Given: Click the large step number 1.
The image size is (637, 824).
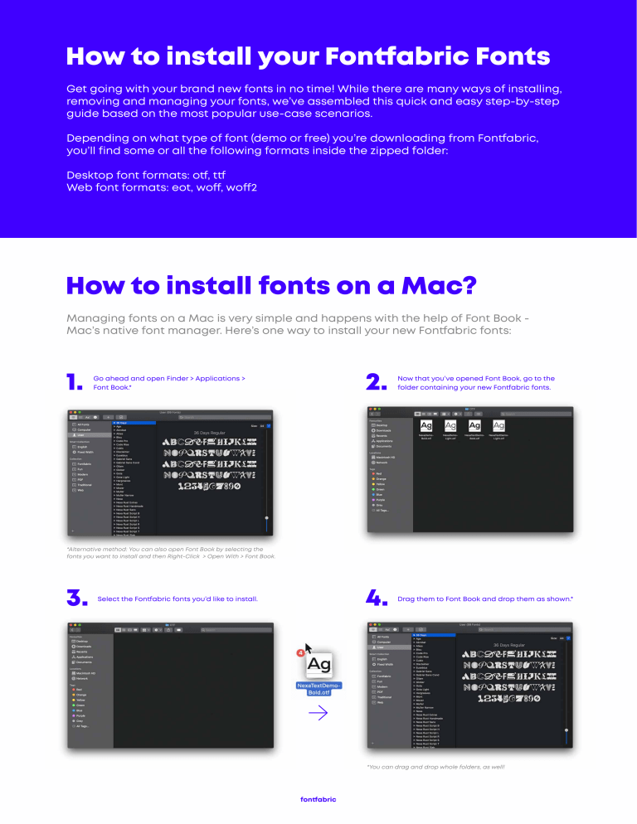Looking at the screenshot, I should pyautogui.click(x=74, y=381).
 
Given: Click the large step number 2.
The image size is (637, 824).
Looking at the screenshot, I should pyautogui.click(x=377, y=381).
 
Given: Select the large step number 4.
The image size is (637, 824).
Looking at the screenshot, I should pyautogui.click(x=378, y=599).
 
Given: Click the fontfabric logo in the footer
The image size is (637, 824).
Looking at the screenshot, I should pyautogui.click(x=318, y=799).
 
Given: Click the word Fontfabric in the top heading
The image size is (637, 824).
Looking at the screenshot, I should pyautogui.click(x=437, y=56).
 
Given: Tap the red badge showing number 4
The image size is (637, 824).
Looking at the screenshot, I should pyautogui.click(x=300, y=653).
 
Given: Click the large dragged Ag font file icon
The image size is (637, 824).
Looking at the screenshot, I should pyautogui.click(x=318, y=665).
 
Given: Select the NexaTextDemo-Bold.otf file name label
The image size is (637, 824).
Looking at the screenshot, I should pyautogui.click(x=318, y=689).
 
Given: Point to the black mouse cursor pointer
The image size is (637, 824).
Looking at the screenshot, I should pyautogui.click(x=309, y=647).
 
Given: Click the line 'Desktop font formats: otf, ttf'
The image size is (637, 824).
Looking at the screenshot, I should pyautogui.click(x=145, y=176).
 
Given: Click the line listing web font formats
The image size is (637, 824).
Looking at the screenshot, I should pyautogui.click(x=161, y=187).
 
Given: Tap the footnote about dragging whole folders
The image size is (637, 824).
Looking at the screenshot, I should pyautogui.click(x=435, y=767).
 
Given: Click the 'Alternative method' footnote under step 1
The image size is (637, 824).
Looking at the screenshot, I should pyautogui.click(x=170, y=552).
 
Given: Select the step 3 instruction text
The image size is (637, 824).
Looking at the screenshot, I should pyautogui.click(x=177, y=599).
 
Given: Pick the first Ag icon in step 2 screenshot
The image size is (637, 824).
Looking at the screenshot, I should pyautogui.click(x=426, y=425).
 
